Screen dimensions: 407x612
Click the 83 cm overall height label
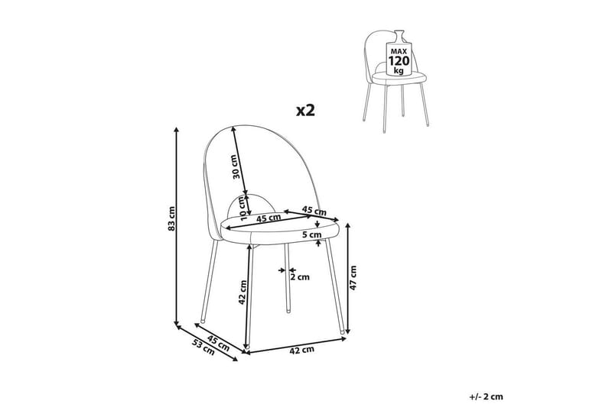[x=172, y=220]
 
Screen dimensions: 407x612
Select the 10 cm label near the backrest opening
[x=243, y=207]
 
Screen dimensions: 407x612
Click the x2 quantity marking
[x=305, y=110]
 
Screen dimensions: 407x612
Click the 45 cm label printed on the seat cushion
[x=267, y=218]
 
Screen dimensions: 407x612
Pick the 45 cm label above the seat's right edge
[x=311, y=208]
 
